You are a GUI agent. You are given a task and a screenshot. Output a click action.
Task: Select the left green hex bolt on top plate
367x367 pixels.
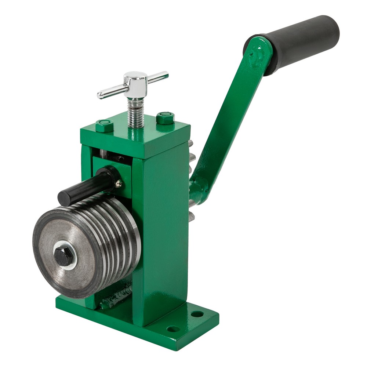(105, 125)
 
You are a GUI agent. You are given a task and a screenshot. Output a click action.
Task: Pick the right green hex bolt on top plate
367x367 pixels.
(165, 117)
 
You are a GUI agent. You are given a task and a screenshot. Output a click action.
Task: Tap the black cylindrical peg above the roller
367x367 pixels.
(84, 185)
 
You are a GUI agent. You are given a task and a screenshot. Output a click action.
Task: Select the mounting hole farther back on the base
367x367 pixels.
(197, 314)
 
